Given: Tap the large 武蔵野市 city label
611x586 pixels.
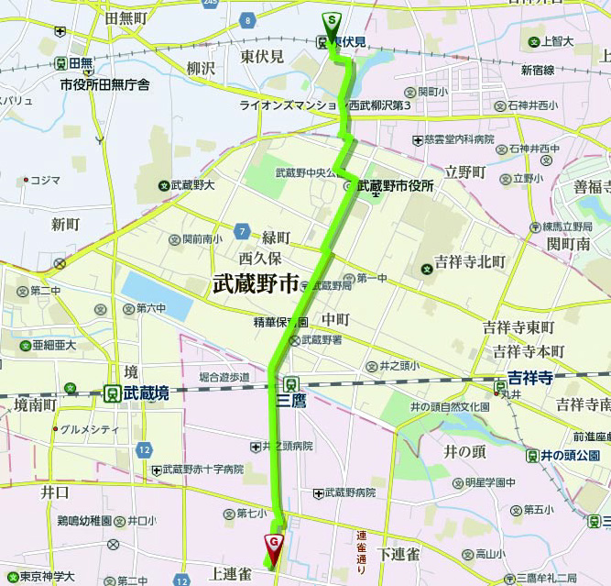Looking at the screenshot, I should (x=256, y=283).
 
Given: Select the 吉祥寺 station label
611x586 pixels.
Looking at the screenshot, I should (x=533, y=377).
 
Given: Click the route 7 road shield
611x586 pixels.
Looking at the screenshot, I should (x=241, y=229).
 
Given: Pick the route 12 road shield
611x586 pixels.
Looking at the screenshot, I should (x=145, y=449).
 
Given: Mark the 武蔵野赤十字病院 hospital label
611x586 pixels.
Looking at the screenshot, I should (x=202, y=470).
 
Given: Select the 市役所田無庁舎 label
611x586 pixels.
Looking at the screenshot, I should (x=104, y=84).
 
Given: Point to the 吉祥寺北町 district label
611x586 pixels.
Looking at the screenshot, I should (x=470, y=261).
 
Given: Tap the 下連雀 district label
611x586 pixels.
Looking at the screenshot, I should (x=399, y=553).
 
